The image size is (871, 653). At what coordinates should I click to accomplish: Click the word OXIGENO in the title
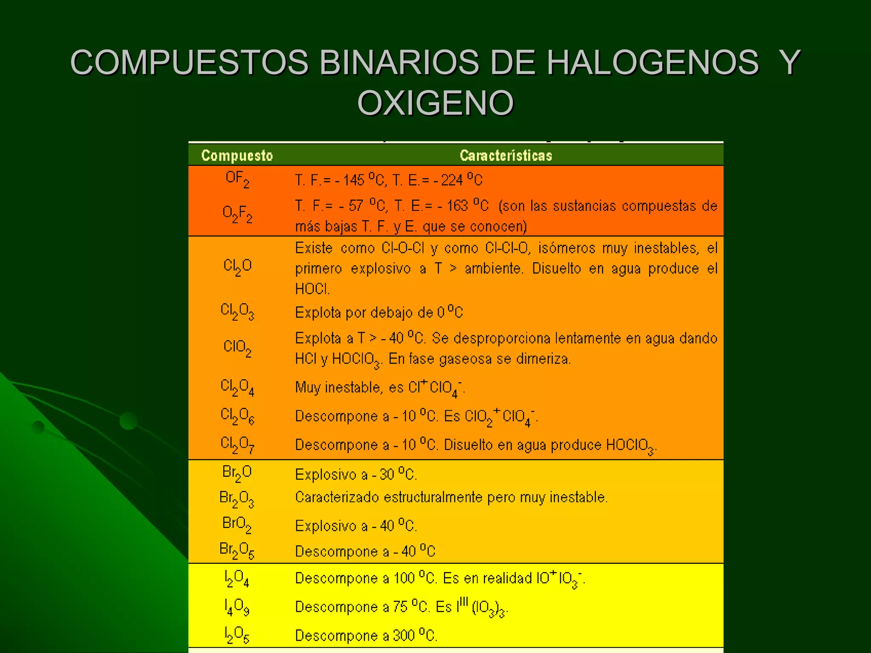pos(435,103)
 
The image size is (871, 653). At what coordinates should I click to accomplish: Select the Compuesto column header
pos(237,156)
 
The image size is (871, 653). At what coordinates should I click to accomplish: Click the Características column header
pos(506,156)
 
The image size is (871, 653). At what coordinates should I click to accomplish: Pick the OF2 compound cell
pos(237,179)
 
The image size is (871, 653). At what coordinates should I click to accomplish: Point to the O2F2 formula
pos(237,214)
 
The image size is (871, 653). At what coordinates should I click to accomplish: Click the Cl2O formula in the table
pos(237,267)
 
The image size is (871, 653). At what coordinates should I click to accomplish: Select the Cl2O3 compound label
pos(237,312)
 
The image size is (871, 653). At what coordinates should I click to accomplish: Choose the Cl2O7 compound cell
pos(237,445)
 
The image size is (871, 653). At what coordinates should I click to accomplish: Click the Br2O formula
pos(237,473)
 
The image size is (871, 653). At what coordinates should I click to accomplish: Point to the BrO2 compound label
pos(237,524)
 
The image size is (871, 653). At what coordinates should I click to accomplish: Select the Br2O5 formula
pos(237,551)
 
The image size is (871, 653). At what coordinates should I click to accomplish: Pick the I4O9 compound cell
pos(237,607)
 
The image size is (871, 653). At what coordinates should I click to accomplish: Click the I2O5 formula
pos(237,635)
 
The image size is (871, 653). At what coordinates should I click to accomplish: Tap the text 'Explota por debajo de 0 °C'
pos(379,312)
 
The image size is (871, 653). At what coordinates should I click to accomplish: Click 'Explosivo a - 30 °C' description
pos(356,474)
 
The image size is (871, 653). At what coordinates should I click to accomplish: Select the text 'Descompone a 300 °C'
pos(366,635)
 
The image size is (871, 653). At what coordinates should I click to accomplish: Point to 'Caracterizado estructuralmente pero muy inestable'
pos(451,497)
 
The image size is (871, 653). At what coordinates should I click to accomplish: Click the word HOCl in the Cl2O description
pos(312,289)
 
